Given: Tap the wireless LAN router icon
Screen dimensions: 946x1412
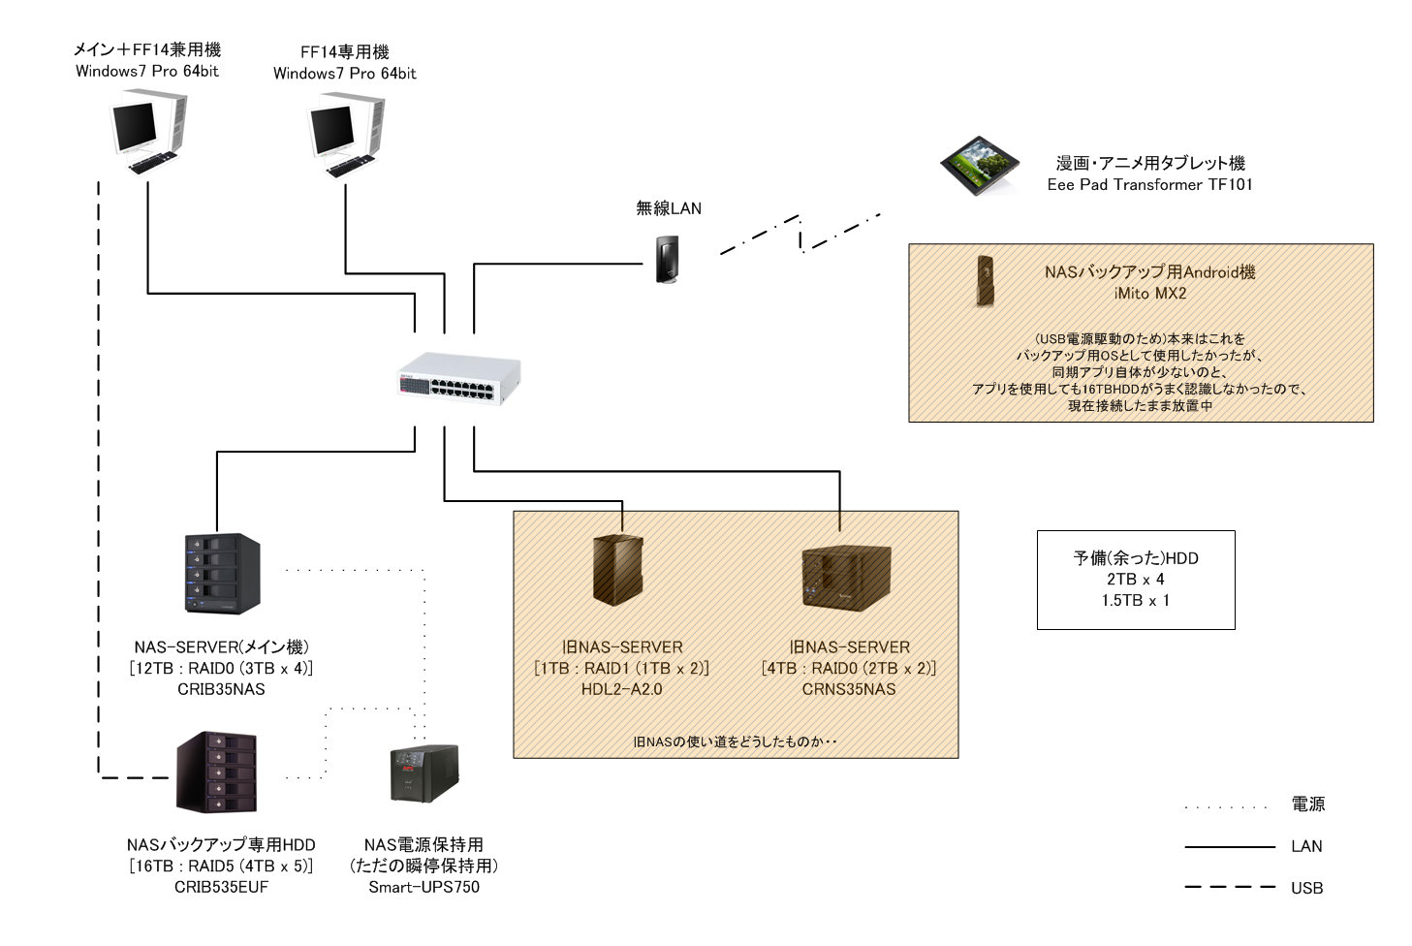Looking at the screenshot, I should tap(664, 259).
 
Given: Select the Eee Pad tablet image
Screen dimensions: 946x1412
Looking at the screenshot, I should tap(981, 167).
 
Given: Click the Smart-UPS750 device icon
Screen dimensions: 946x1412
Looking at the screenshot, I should tap(424, 773).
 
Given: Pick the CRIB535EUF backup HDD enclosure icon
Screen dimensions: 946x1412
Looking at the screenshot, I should tap(217, 773).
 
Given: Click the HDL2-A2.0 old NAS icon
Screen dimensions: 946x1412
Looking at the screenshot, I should tap(617, 570).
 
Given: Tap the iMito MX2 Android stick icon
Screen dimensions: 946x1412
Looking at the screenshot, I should tap(986, 280).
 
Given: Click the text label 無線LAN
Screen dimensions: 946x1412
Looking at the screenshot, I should tap(668, 208).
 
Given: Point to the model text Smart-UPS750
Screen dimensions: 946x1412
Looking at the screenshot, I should tap(424, 887).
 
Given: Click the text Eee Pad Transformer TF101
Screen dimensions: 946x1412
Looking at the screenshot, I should tap(1149, 185).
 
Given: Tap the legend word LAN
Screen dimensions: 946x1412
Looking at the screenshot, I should tap(1306, 846).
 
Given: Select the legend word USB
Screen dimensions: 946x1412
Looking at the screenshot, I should tap(1306, 888).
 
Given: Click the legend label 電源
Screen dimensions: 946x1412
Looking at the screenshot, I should tap(1307, 804).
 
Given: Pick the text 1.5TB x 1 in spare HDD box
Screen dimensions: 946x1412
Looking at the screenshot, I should tap(1135, 601).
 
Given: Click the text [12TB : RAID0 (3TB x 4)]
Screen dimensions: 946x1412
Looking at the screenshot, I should tap(221, 668).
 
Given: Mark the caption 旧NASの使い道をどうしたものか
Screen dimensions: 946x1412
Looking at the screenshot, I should tap(734, 742).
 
